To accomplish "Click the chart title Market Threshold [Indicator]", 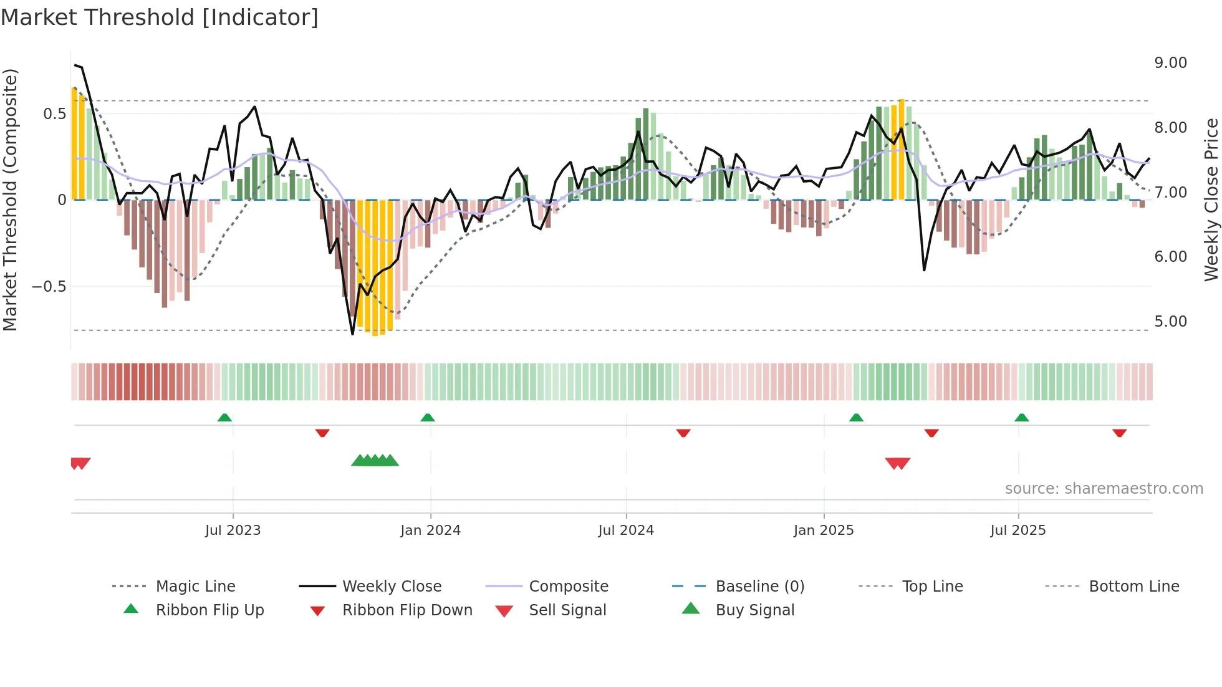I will [160, 17].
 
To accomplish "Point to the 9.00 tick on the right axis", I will [1170, 63].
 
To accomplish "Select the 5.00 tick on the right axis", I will [1170, 322].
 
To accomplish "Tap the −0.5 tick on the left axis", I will [49, 287].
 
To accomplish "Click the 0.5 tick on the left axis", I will [54, 114].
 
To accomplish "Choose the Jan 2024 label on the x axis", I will [430, 531].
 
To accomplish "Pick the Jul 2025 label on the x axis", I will [1018, 531].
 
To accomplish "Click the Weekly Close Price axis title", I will [1211, 199].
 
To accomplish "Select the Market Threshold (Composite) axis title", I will [10, 199].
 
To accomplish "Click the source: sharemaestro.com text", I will [1104, 489].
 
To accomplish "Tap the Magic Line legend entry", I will [195, 587].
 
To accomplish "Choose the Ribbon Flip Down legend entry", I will [407, 610].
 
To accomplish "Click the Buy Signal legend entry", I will [754, 610].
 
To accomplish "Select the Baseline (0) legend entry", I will [759, 587].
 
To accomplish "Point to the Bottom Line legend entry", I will [1133, 587].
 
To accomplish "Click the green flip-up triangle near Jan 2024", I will [428, 418].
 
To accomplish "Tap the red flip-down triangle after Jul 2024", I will [683, 433].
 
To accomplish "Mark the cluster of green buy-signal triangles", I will [375, 461].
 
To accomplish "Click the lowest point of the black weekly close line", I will [352, 334].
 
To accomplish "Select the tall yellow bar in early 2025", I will [902, 150].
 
